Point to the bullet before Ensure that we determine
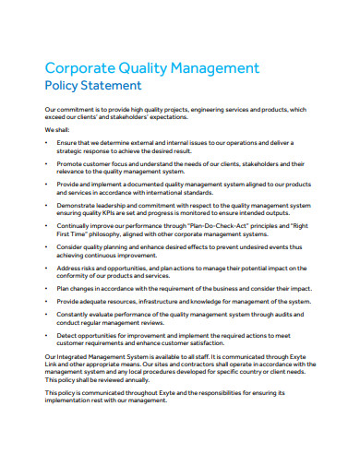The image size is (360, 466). pos(47,143)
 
